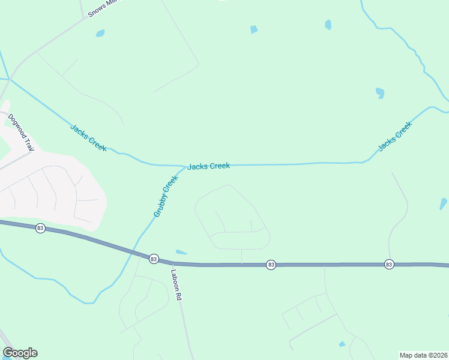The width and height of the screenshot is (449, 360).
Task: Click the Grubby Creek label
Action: tap(166, 196)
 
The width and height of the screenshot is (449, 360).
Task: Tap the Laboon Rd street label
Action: tap(176, 284)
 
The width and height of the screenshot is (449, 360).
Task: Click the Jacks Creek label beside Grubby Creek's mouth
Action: tap(208, 166)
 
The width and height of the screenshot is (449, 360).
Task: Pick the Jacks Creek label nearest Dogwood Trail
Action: tap(88, 137)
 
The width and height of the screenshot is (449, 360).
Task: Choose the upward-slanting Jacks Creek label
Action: tap(395, 136)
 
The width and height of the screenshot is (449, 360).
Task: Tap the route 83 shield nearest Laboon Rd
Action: tap(154, 259)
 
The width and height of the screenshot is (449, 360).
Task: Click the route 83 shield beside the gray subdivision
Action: tap(40, 228)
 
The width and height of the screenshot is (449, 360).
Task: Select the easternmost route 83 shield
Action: tap(389, 264)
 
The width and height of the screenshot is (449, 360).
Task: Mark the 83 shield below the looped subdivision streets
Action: tap(271, 265)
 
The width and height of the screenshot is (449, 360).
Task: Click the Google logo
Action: tap(20, 353)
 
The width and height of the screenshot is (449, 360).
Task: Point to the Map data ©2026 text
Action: tap(424, 355)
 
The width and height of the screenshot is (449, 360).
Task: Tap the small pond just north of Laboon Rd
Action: tap(181, 252)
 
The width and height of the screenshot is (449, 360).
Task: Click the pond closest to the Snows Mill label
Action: tap(100, 34)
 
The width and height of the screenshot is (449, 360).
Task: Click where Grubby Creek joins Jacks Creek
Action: tap(183, 166)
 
